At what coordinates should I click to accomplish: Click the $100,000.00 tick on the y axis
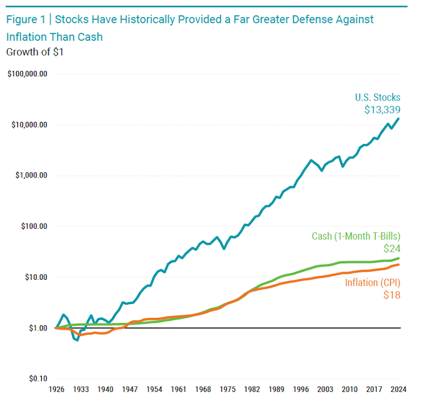28,74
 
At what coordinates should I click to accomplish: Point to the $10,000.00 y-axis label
30,125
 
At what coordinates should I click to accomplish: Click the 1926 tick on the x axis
56,389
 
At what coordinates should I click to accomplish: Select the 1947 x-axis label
130,389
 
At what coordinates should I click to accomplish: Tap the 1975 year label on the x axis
227,389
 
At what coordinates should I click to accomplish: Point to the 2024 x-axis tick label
399,389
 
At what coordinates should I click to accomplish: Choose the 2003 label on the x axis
325,389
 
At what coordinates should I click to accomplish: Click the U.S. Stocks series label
377,97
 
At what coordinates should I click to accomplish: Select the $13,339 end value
382,110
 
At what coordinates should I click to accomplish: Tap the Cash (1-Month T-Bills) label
356,236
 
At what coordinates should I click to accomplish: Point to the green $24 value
392,248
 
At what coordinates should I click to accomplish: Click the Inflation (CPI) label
373,283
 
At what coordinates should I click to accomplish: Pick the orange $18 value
392,295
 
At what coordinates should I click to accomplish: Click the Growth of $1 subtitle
34,52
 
